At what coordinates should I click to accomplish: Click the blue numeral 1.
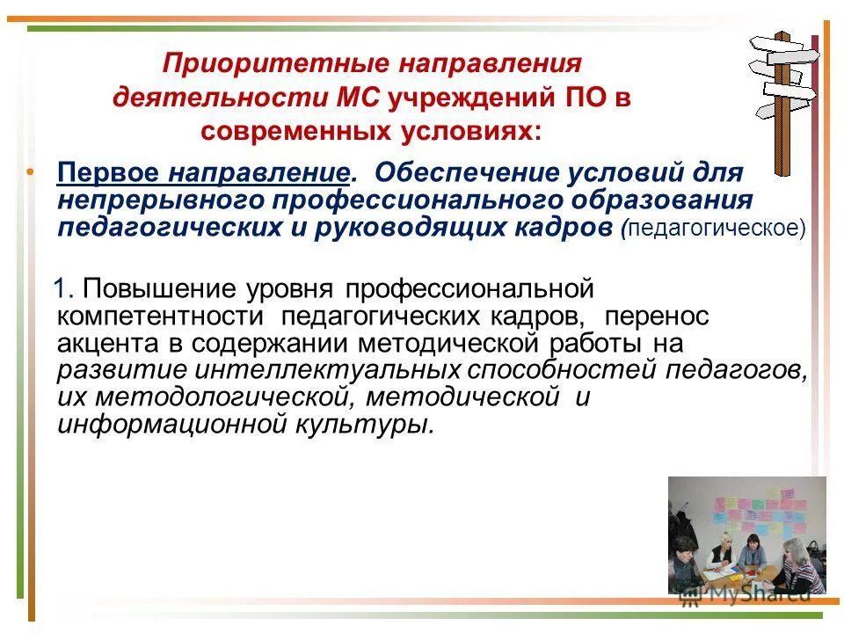point(62,288)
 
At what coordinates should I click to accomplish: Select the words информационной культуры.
point(245,424)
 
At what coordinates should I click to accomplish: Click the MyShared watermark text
point(757,595)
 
